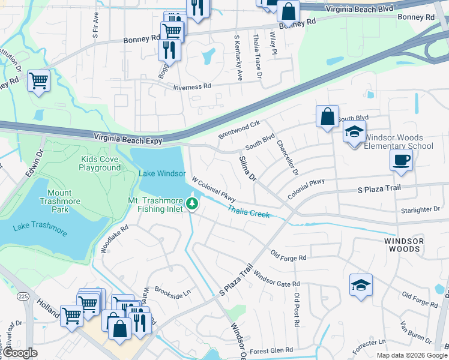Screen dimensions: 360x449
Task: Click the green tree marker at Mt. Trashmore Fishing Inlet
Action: [x=192, y=204]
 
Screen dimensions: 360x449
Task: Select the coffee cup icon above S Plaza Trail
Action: [x=401, y=161]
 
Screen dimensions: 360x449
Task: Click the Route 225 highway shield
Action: [x=23, y=296]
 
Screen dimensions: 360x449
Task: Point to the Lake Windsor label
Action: [x=162, y=173]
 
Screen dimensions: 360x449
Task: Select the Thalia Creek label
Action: [x=248, y=211]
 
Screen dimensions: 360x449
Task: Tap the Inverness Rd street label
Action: [x=192, y=86]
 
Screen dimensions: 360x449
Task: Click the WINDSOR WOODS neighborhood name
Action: [x=404, y=245]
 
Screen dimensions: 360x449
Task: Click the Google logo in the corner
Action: [x=20, y=353]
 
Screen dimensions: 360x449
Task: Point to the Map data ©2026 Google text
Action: [x=411, y=355]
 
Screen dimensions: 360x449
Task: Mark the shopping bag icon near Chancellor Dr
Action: [x=328, y=117]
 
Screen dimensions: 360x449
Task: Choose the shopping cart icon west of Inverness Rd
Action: [x=38, y=80]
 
